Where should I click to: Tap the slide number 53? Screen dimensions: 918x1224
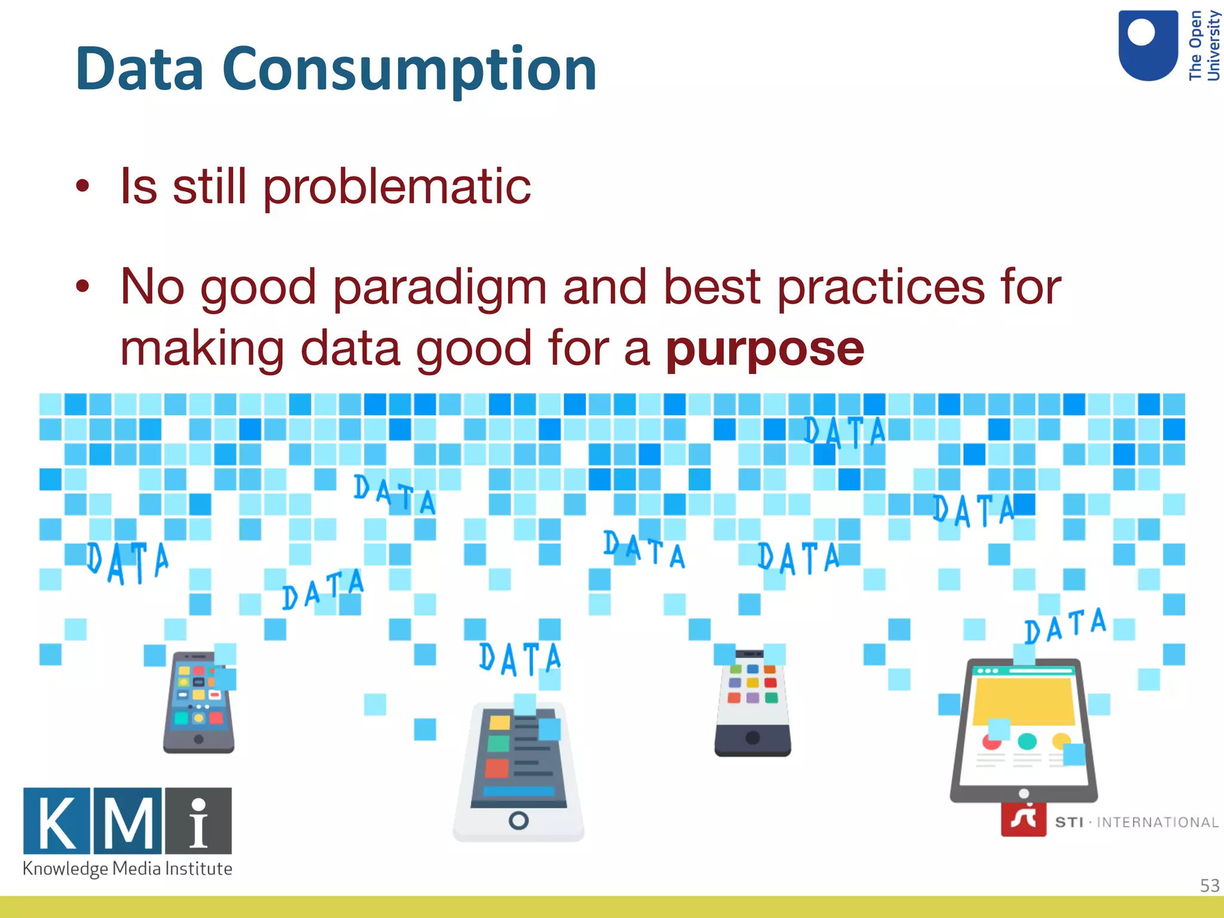tap(1209, 885)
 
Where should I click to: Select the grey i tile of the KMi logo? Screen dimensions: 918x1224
tap(198, 821)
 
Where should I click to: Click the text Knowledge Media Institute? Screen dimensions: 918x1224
tap(127, 868)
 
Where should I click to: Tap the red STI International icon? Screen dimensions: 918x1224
tap(1023, 819)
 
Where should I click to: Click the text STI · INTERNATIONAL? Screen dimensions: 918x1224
tap(1136, 822)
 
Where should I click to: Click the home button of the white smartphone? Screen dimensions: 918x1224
tap(518, 821)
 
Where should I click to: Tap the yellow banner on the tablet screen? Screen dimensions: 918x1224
tap(1023, 700)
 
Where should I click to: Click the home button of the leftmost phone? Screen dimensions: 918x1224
tap(199, 739)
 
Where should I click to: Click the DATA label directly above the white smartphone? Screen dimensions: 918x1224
tap(519, 659)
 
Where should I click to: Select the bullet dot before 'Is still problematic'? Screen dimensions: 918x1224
tap(82, 186)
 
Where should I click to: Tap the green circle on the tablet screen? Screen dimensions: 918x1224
tap(1027, 741)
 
